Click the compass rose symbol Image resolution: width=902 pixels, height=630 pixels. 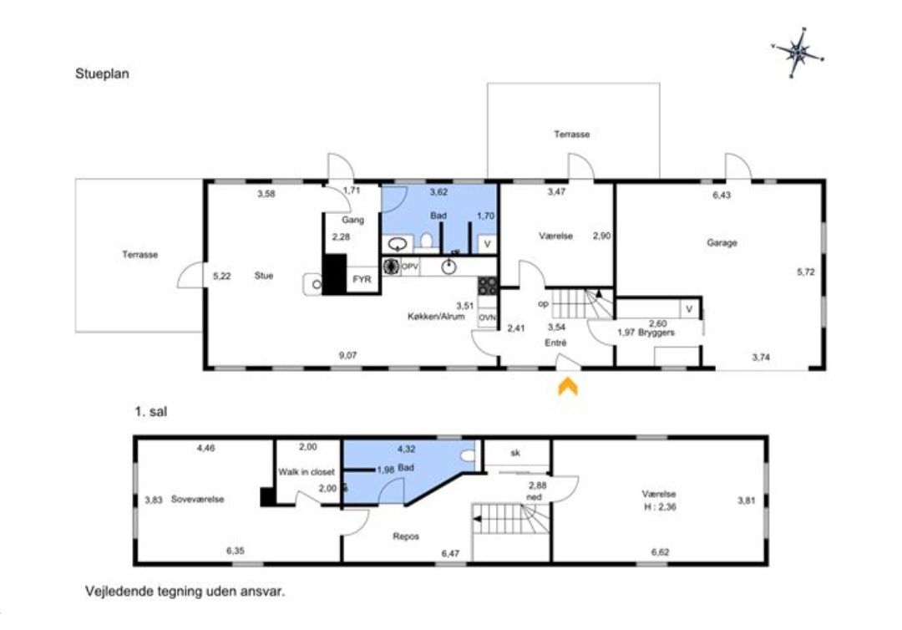(x=798, y=53)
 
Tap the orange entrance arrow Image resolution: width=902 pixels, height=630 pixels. (x=568, y=386)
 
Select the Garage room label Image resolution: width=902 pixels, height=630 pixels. (x=722, y=243)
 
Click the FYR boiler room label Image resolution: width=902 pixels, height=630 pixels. (x=362, y=279)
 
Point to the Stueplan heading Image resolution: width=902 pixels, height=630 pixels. (x=102, y=74)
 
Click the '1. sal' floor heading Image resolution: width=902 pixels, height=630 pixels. (x=150, y=411)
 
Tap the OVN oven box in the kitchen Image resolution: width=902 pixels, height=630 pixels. (x=487, y=318)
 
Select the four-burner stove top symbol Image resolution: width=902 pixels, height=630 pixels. (x=487, y=286)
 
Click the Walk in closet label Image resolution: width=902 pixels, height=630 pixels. (x=306, y=472)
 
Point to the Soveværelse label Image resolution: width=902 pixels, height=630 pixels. (x=197, y=500)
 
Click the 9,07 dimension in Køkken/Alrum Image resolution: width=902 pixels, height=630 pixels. (x=347, y=356)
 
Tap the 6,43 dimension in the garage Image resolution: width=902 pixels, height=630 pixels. (x=722, y=195)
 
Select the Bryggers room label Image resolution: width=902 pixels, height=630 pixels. (x=656, y=333)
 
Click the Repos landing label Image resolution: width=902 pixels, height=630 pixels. (x=406, y=536)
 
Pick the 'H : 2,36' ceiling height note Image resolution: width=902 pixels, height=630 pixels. (x=660, y=507)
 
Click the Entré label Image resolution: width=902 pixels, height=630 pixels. (x=555, y=343)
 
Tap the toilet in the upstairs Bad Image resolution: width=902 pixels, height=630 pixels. (x=468, y=455)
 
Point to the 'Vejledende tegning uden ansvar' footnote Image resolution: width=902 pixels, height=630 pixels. (x=185, y=591)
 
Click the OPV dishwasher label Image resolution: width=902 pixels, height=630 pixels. (x=409, y=267)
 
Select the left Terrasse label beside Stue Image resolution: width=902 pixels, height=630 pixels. (x=139, y=254)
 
